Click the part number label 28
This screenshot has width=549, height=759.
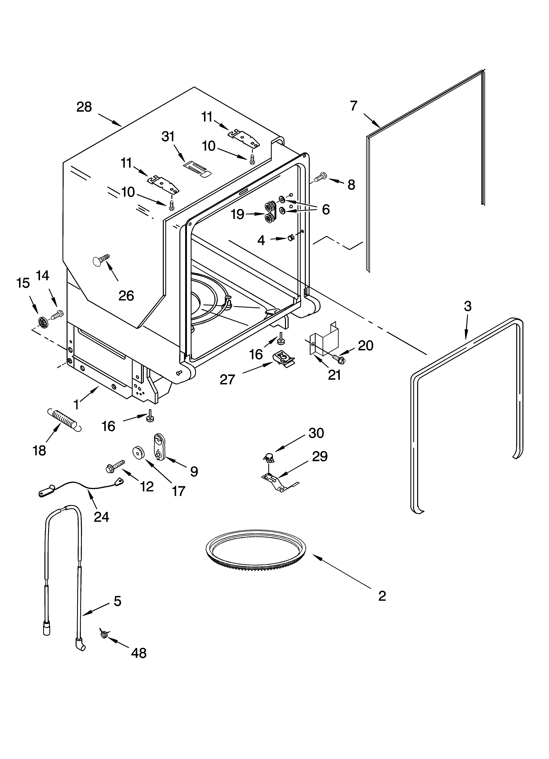[x=84, y=107]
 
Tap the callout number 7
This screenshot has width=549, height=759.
[x=354, y=106]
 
